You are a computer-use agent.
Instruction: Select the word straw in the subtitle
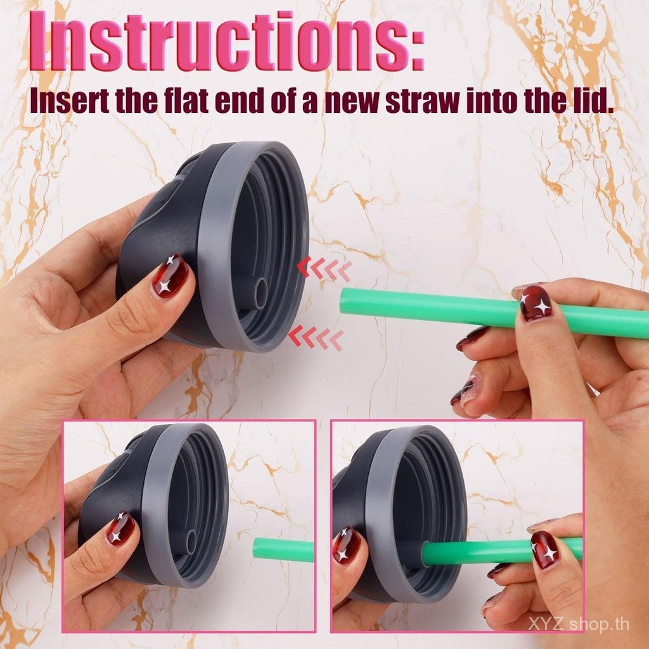tap(421, 101)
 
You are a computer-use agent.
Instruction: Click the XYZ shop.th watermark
tap(578, 624)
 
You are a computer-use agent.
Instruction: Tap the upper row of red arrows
tap(324, 268)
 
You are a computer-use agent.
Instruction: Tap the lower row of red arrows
tap(316, 338)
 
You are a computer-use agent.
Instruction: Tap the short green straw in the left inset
tap(284, 549)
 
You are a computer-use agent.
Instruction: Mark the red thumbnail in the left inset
tap(120, 529)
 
